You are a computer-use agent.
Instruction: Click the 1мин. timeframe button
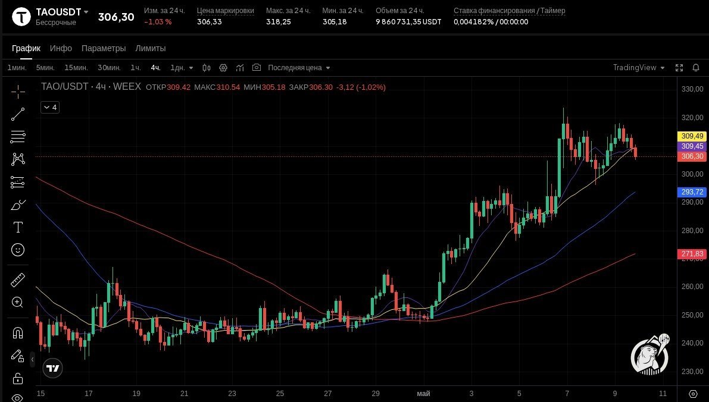coord(17,68)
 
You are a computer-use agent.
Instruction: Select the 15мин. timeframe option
coord(76,68)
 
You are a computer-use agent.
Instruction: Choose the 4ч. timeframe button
coord(155,68)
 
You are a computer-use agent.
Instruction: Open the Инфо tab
coord(61,48)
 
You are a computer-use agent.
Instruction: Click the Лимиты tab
coord(151,48)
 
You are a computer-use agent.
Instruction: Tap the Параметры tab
coord(104,48)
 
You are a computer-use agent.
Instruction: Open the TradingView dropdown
coord(639,68)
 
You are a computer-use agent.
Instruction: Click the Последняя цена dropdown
coord(299,68)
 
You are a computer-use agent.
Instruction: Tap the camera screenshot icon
coord(257,67)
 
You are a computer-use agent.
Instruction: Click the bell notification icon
coord(696,68)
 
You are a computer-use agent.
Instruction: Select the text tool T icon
coord(18,227)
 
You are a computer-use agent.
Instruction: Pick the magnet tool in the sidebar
coord(18,333)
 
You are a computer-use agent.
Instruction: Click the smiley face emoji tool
coord(18,250)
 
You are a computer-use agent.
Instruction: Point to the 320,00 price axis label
coord(692,117)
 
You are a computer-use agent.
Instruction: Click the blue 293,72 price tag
coord(692,192)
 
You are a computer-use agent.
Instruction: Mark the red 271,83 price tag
coord(692,254)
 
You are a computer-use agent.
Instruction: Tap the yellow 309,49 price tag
coord(692,136)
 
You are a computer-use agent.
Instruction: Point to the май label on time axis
coord(423,394)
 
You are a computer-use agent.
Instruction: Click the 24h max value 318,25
coord(279,21)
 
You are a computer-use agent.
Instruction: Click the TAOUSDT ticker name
coord(58,12)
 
